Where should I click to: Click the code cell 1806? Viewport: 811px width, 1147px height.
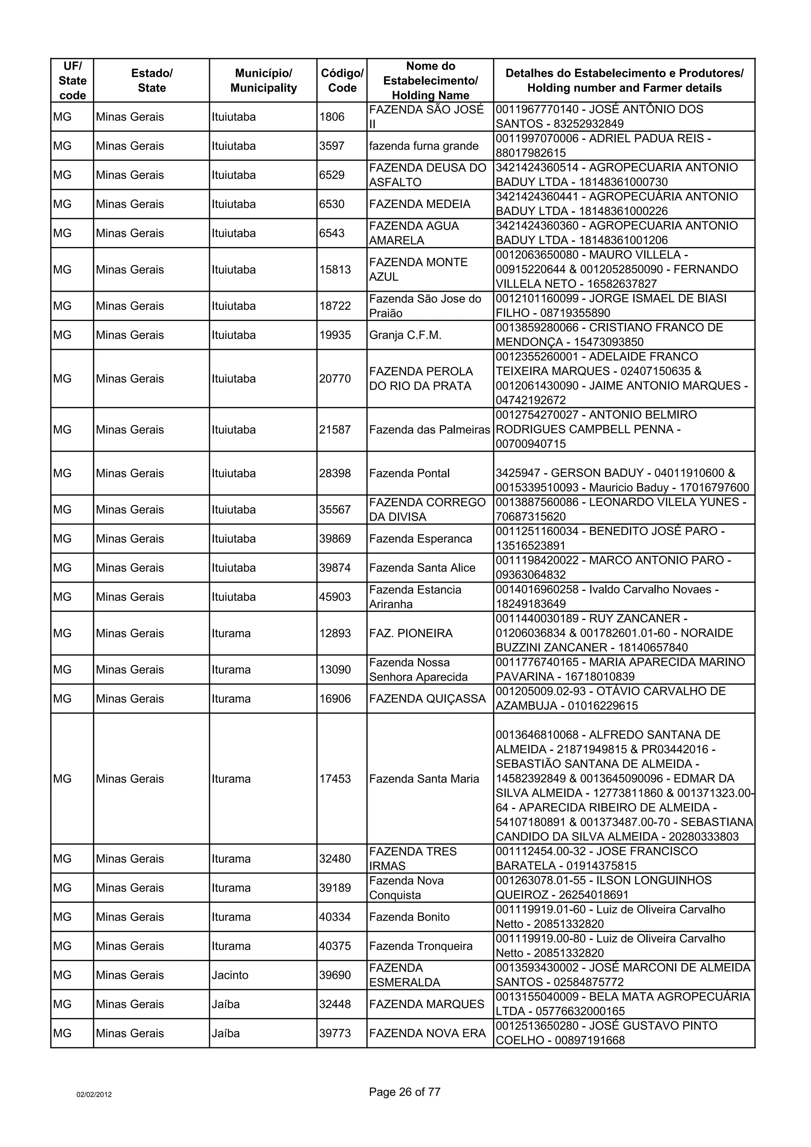click(332, 117)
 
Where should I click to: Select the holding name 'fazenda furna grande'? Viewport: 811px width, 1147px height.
click(423, 146)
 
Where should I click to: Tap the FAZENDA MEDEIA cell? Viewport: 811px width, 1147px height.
click(419, 204)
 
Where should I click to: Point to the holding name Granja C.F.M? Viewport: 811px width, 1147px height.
click(405, 335)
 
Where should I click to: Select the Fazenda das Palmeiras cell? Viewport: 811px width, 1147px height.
click(429, 429)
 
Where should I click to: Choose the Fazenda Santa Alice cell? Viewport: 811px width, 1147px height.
click(422, 568)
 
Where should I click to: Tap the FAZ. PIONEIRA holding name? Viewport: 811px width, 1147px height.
click(410, 633)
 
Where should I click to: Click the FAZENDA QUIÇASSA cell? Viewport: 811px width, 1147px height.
click(427, 699)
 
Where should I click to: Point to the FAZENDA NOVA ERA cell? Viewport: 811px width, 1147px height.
click(427, 1033)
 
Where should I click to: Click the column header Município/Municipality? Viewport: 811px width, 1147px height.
click(263, 80)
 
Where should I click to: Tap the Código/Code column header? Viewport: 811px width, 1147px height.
click(342, 80)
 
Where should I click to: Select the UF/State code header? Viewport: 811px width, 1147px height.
click(72, 80)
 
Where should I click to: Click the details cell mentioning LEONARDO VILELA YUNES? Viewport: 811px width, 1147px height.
click(623, 509)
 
